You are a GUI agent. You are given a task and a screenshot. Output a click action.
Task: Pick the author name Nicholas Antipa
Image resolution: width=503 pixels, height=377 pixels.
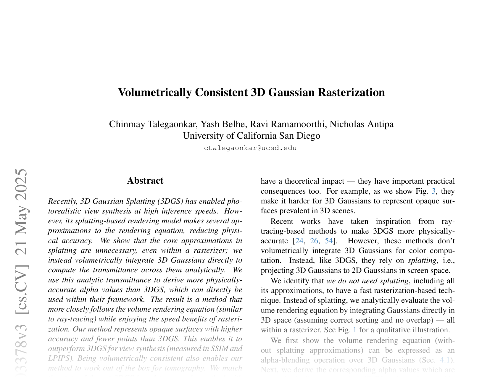click(361, 124)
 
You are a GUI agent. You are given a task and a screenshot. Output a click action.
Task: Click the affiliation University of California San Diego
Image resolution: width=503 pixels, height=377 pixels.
click(251, 136)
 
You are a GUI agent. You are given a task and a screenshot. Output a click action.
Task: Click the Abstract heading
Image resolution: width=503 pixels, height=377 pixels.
click(145, 181)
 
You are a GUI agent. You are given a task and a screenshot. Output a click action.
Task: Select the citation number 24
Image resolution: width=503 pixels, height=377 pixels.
click(299, 241)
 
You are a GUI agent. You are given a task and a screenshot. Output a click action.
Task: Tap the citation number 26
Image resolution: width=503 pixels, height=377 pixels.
click(314, 241)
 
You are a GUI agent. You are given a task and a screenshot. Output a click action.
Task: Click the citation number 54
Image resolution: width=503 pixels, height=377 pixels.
click(329, 241)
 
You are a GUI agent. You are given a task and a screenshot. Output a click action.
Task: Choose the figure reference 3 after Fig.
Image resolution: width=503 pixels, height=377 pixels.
click(433, 191)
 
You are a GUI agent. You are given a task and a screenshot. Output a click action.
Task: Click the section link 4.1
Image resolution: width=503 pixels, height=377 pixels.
click(445, 360)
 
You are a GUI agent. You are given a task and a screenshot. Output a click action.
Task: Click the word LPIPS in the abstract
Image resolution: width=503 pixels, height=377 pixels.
click(59, 358)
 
